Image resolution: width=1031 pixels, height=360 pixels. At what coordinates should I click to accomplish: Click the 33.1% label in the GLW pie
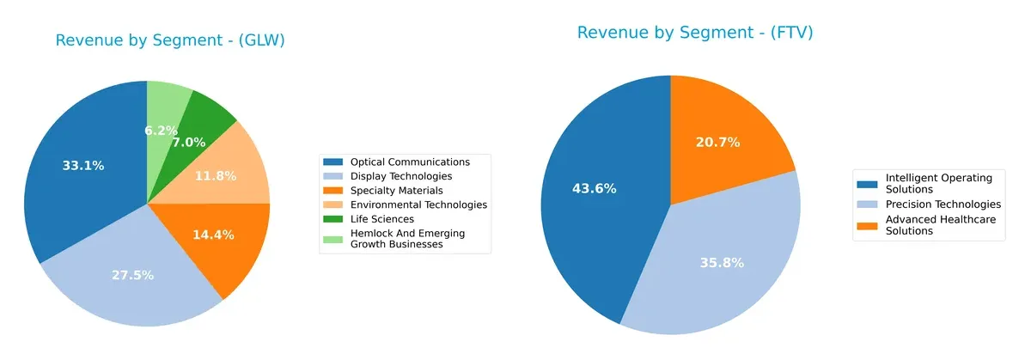coord(83,166)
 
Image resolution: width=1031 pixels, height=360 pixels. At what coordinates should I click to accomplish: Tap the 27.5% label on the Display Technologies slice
coord(132,276)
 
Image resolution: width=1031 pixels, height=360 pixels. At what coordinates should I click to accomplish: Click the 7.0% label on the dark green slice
coord(189,143)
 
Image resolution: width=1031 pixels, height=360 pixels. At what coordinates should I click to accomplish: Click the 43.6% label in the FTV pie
coord(594,189)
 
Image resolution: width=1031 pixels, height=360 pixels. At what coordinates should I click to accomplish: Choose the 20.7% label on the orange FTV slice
coord(717,143)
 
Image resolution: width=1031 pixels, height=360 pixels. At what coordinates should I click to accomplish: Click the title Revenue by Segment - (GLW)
coord(170,40)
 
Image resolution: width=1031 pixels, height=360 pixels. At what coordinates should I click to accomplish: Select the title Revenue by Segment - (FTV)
coord(695,33)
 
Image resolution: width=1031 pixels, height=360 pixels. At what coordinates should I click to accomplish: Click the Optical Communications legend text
coord(410,162)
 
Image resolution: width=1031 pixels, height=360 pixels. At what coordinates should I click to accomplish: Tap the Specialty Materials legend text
coord(396,190)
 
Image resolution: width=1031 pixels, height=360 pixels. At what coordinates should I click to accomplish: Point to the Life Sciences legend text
coord(382,219)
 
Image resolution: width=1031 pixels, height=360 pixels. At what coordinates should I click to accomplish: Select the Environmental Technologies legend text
coord(418,204)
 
